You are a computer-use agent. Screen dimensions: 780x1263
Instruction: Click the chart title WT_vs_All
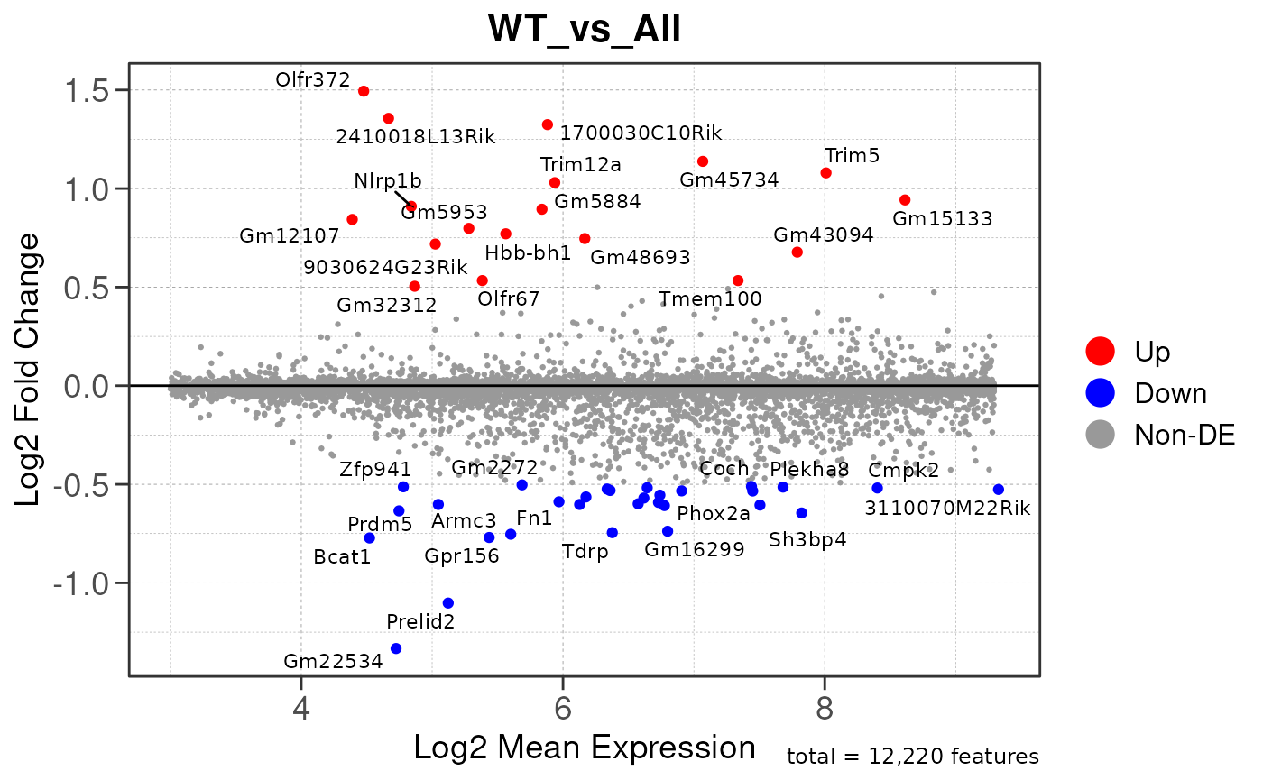coord(584,31)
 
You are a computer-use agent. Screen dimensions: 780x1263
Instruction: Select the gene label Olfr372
coord(312,80)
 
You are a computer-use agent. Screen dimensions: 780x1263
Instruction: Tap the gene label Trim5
coord(852,155)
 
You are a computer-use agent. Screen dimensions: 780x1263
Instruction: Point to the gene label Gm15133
coord(942,218)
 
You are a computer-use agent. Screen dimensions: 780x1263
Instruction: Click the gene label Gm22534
coord(332,661)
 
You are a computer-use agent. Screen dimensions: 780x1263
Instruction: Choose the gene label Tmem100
coord(710,298)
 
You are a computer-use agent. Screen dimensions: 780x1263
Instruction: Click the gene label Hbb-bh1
coord(528,252)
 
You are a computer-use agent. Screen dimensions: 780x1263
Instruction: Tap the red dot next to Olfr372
coord(364,91)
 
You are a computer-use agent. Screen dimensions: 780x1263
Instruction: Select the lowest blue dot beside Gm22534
coord(395,648)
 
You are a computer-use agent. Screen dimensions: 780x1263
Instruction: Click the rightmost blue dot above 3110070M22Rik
coord(998,490)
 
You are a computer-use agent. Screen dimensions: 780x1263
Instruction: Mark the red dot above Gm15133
coord(905,200)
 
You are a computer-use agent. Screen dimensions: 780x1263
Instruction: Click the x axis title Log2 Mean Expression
coord(584,748)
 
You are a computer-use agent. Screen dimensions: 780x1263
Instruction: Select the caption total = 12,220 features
coord(912,757)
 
